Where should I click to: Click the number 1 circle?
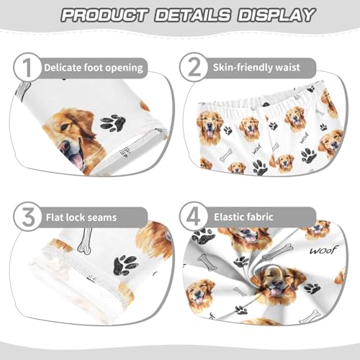tap(27, 67)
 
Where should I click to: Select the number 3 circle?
tap(27, 216)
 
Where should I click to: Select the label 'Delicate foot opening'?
tap(93, 68)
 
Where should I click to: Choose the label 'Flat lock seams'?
tap(80, 216)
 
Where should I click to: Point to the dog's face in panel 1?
tap(72, 137)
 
